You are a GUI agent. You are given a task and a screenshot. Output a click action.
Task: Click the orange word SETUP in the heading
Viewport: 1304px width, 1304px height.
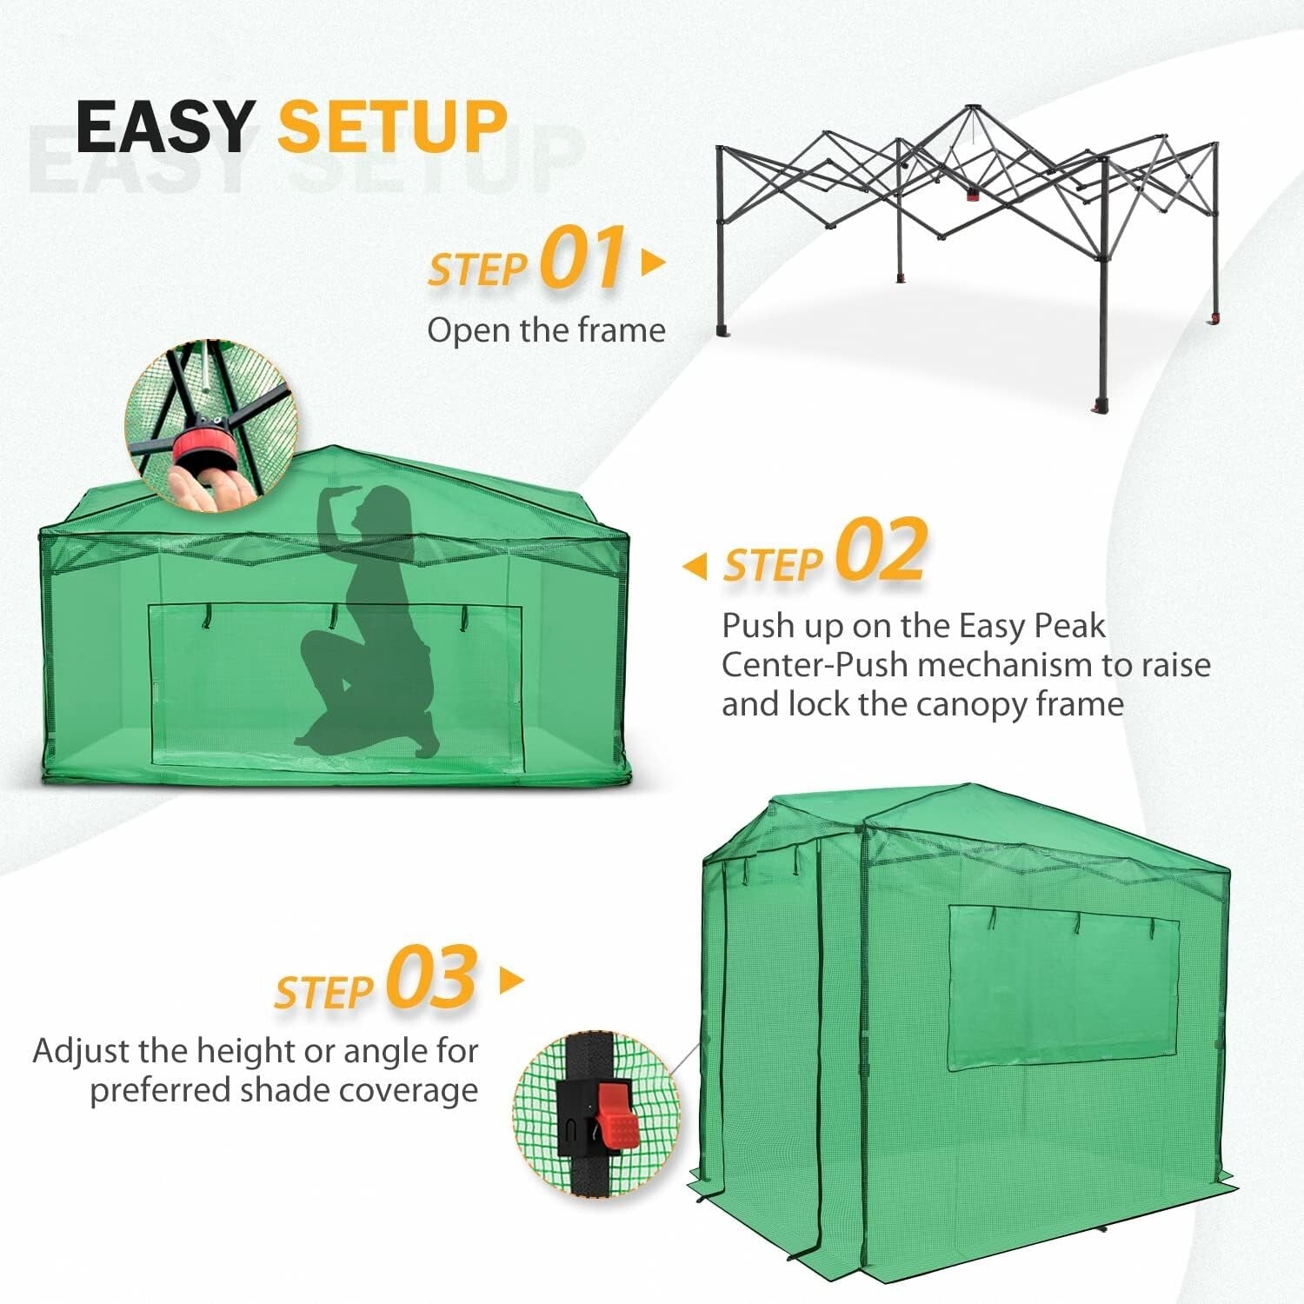point(392,127)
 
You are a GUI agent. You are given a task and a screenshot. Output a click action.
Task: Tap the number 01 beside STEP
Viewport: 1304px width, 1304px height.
point(582,258)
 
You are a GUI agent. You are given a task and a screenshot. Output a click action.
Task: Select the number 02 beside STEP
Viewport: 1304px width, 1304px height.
point(881,551)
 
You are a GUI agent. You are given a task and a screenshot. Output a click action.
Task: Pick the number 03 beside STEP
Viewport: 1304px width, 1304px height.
point(432,978)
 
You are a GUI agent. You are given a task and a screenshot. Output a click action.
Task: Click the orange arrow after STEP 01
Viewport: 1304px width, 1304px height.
point(653,262)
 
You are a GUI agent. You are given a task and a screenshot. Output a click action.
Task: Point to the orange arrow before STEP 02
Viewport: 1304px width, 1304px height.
point(695,567)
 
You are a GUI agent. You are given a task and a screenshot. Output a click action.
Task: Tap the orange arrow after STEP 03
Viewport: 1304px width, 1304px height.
point(512,981)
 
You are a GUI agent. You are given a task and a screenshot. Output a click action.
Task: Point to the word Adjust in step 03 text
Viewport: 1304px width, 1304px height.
point(81,1051)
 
